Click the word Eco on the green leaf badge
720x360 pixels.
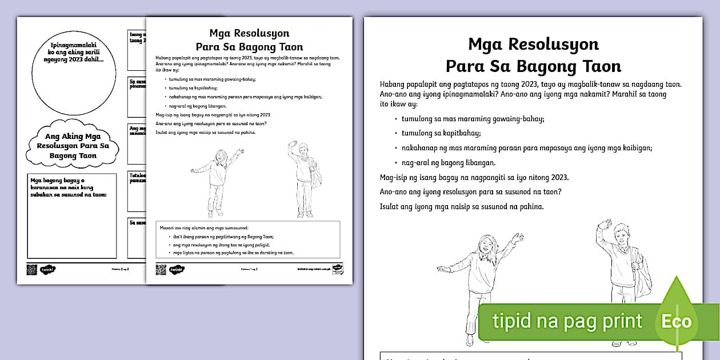(677, 321)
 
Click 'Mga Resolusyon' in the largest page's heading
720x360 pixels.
(533, 44)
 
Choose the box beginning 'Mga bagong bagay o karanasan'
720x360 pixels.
(72, 215)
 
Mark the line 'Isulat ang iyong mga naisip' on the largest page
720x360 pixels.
(461, 206)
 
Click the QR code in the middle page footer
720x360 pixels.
(161, 269)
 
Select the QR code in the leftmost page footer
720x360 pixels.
(31, 269)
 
